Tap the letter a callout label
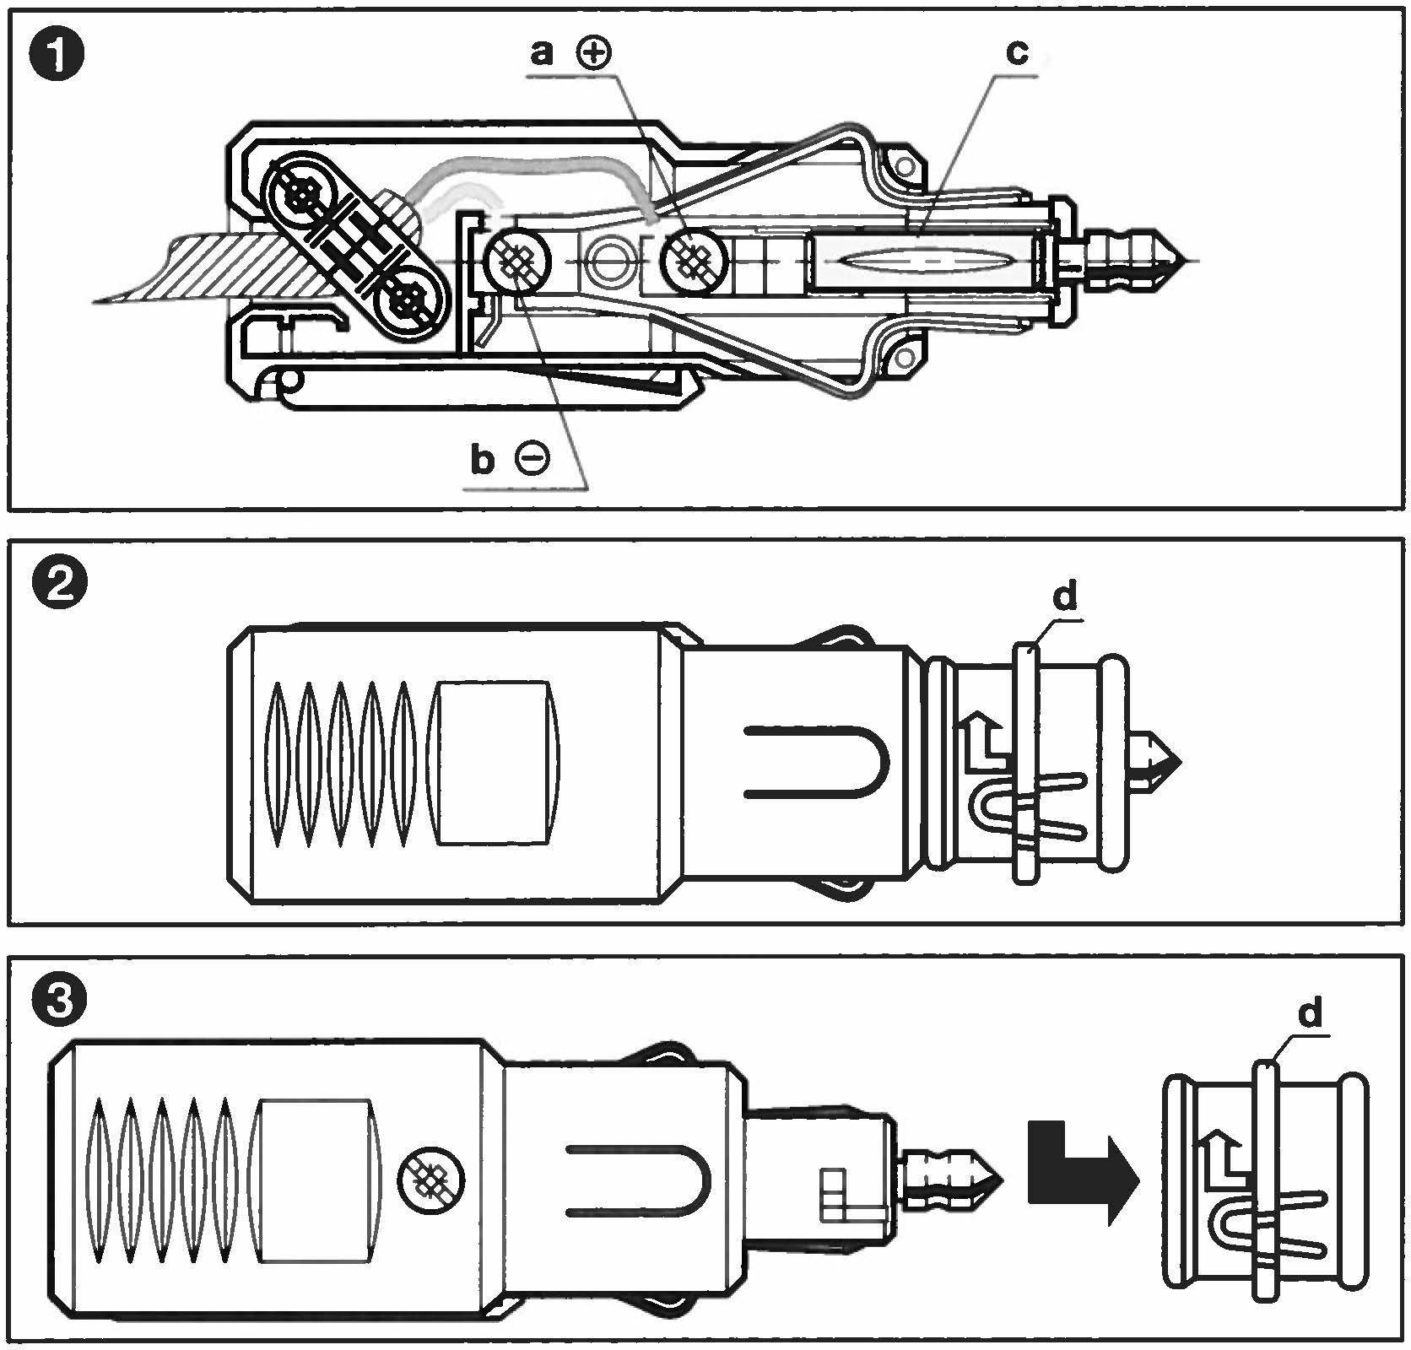(541, 53)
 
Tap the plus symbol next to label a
(594, 53)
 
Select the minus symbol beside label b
(533, 460)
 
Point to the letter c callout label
(1018, 53)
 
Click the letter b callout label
(481, 461)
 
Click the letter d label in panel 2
(1065, 597)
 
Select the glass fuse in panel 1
(928, 261)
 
